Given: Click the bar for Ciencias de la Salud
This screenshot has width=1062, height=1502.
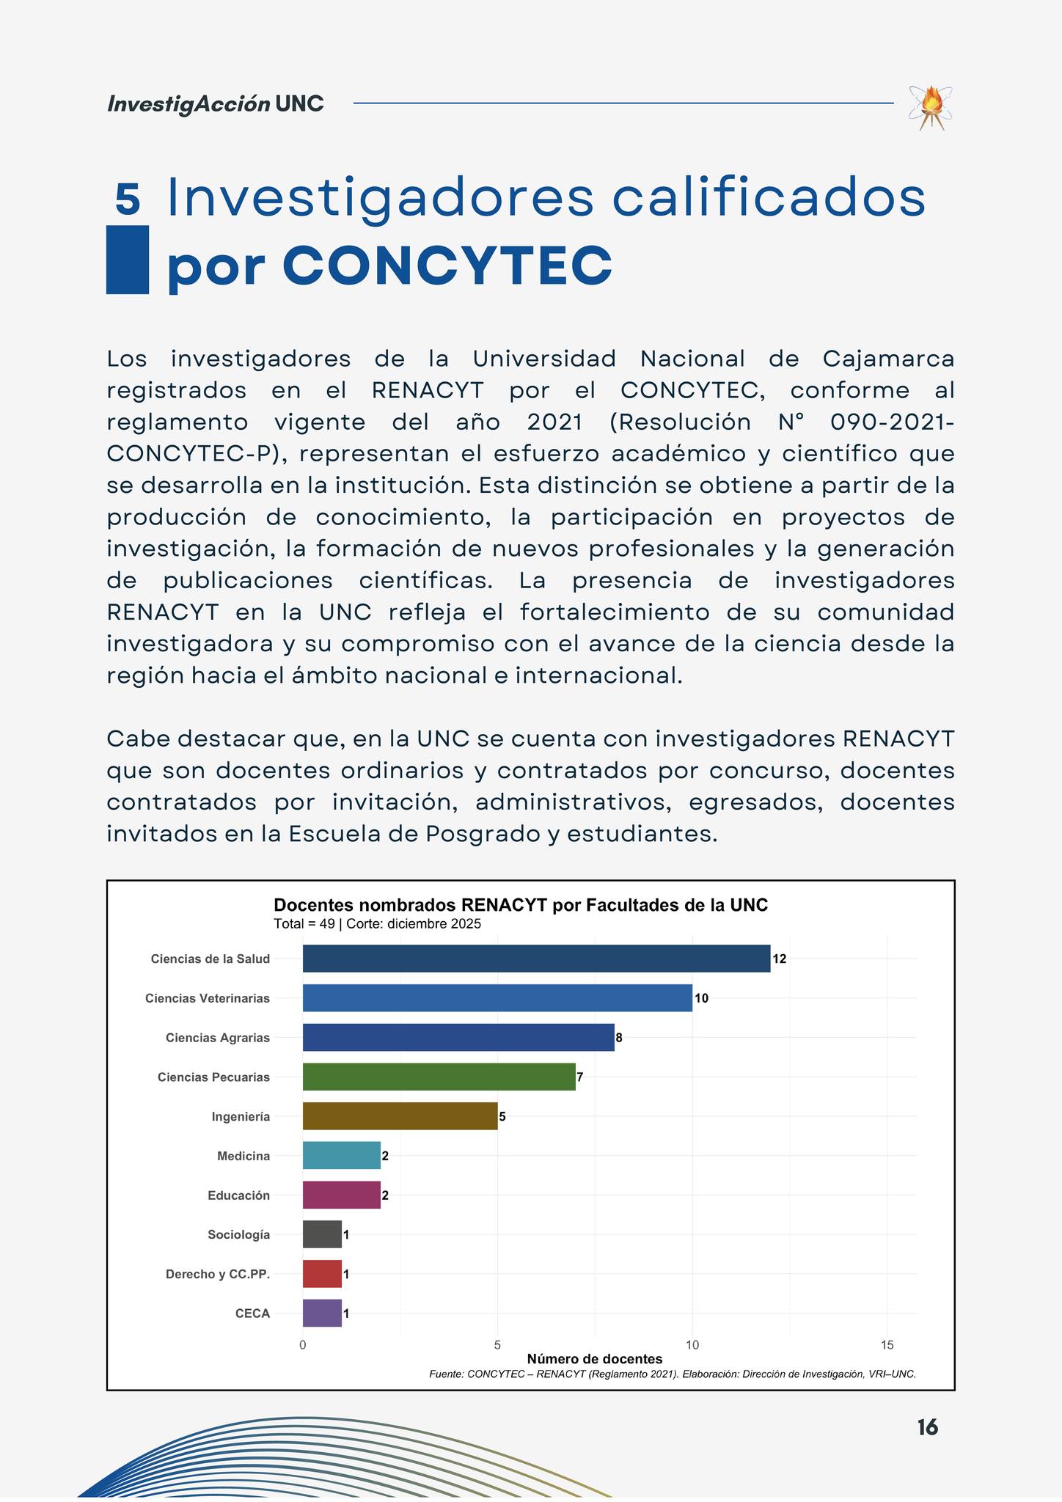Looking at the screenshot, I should [536, 959].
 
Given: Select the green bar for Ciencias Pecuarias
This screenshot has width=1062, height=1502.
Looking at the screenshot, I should [439, 1077].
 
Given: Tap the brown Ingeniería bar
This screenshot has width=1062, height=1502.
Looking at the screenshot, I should [400, 1116].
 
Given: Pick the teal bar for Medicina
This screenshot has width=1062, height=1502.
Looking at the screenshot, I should [341, 1156].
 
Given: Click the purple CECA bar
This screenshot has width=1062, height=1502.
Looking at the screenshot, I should [322, 1314].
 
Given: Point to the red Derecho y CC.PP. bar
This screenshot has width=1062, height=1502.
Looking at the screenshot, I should [322, 1274].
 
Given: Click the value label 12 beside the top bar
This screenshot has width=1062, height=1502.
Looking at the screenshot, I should [779, 959].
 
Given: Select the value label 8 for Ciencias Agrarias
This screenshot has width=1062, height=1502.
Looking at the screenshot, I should [619, 1038].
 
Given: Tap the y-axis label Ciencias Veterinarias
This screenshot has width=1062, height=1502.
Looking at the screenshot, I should [208, 998].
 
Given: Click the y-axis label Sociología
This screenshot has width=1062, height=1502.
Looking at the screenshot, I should [238, 1235].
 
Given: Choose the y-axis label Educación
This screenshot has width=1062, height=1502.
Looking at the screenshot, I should [238, 1195].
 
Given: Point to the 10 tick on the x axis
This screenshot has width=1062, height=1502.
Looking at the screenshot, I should [692, 1345].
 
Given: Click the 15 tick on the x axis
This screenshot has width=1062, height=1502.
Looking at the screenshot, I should [887, 1345].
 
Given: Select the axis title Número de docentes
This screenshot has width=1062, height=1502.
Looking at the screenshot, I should [594, 1359].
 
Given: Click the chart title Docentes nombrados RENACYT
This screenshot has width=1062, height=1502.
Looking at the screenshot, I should [520, 905].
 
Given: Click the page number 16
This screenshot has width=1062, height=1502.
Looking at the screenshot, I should [927, 1427].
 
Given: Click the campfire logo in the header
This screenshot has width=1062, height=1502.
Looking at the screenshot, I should [931, 107].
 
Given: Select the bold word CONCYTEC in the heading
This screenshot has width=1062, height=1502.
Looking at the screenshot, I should [447, 265].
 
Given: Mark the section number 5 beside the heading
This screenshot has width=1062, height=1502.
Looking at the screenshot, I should [128, 199].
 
